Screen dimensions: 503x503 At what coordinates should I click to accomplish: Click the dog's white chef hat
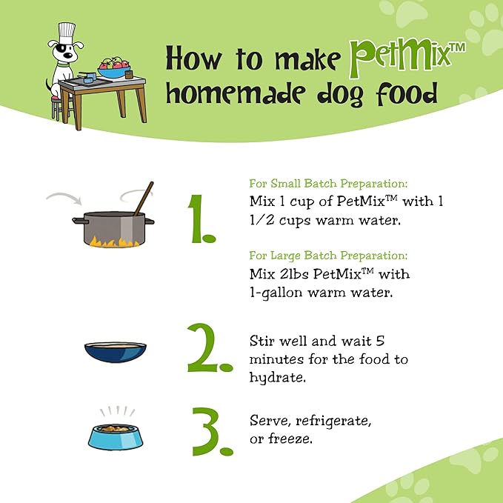67,33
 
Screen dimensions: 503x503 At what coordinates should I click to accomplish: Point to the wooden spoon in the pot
144,199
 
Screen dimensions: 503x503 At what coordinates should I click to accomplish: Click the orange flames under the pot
114,241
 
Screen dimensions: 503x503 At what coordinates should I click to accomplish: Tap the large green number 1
201,219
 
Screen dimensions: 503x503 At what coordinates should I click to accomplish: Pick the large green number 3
213,431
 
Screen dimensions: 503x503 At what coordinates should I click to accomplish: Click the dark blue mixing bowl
116,352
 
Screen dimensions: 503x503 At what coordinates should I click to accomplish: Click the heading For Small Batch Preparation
328,184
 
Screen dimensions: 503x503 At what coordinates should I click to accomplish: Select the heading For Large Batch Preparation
328,256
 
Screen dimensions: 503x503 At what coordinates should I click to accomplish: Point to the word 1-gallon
276,293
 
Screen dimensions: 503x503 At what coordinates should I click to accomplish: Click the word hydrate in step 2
278,377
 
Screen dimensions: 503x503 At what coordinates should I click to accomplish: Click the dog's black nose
68,55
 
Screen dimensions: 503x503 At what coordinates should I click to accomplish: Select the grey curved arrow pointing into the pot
64,197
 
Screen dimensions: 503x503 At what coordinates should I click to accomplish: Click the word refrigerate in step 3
333,421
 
